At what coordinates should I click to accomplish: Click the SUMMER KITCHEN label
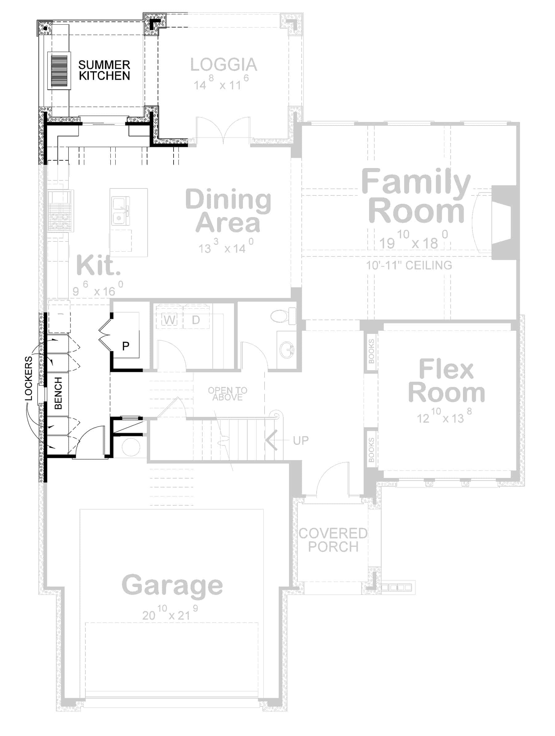tap(104, 70)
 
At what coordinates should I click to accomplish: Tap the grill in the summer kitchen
tap(59, 71)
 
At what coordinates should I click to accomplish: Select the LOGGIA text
tap(224, 64)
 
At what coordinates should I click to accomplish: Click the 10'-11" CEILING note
tap(409, 265)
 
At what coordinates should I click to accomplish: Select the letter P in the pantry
tap(125, 346)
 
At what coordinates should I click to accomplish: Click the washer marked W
tap(169, 320)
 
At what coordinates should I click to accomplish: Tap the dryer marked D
tap(196, 320)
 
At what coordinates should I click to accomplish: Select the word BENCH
tap(58, 393)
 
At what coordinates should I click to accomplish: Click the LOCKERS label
tap(29, 378)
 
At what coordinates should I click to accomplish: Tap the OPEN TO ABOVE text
tap(228, 394)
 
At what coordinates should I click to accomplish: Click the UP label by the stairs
tap(300, 441)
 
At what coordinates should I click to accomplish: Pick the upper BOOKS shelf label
tap(371, 352)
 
